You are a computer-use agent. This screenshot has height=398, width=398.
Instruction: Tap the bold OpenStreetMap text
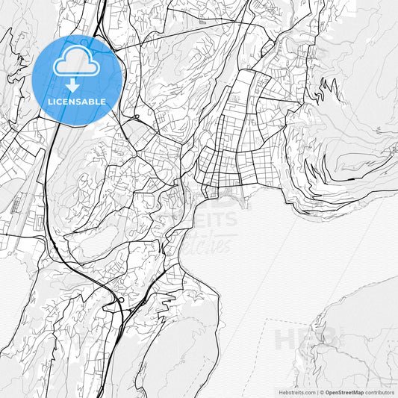pos(348,391)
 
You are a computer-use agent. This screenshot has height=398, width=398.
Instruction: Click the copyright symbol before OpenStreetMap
pos(321,391)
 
